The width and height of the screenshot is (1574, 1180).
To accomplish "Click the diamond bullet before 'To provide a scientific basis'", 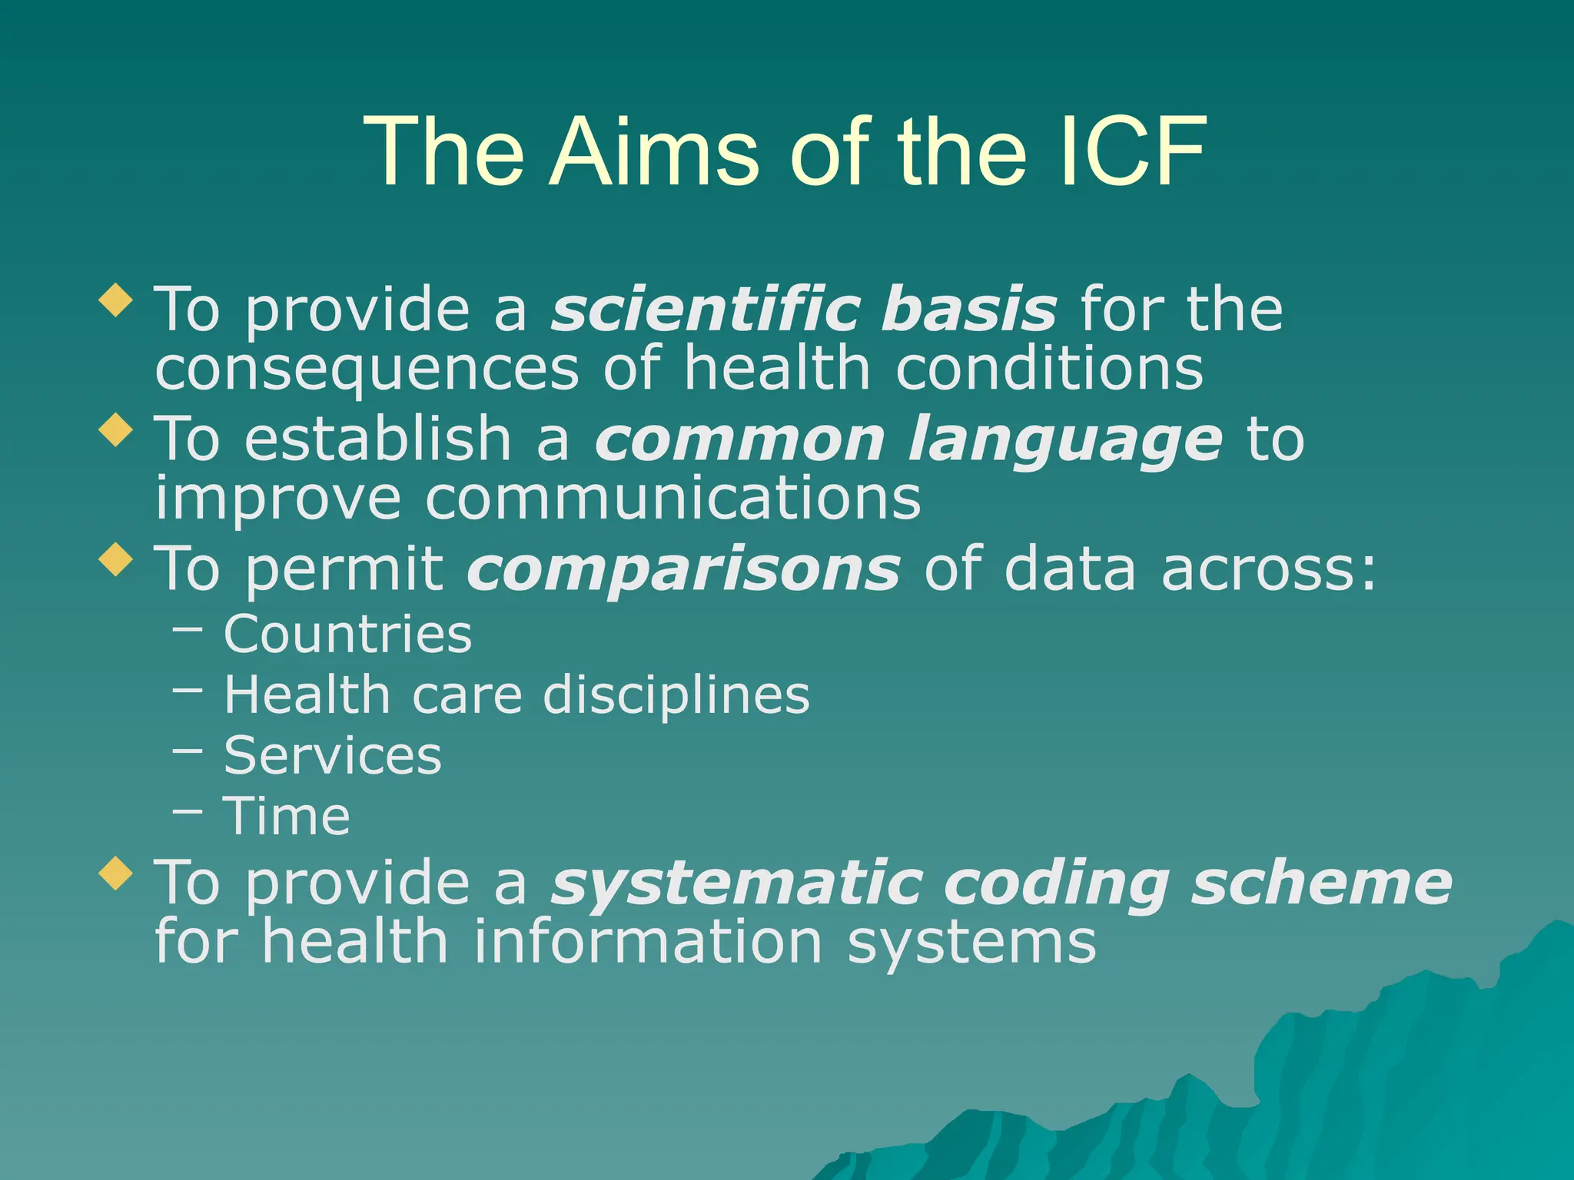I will pyautogui.click(x=116, y=300).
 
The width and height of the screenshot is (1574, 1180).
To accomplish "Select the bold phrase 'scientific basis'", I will pyautogui.click(x=804, y=310).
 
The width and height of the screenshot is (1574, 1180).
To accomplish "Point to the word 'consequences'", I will pyautogui.click(x=367, y=370).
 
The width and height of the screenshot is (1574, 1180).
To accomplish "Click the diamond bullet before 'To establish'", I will pyautogui.click(x=116, y=429).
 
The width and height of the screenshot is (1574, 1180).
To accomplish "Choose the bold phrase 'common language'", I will pyautogui.click(x=908, y=440).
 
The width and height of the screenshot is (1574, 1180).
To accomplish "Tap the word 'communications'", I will pyautogui.click(x=672, y=499).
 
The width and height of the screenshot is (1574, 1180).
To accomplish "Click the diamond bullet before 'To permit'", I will pyautogui.click(x=116, y=559).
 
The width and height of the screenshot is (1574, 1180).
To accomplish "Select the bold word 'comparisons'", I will pyautogui.click(x=683, y=571).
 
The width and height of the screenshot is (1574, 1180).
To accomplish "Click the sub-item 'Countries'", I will pyautogui.click(x=347, y=635).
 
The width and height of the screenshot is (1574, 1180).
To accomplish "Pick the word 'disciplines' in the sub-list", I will pyautogui.click(x=676, y=695).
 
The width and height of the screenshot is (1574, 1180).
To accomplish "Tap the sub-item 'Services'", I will pyautogui.click(x=332, y=756).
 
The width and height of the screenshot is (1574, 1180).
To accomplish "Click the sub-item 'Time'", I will pyautogui.click(x=287, y=816).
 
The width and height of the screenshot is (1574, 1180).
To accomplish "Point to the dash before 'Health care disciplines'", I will pyautogui.click(x=188, y=690).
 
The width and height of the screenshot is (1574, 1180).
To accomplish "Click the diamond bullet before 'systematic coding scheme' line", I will pyautogui.click(x=116, y=873).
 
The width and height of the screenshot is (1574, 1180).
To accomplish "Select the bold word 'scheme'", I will pyautogui.click(x=1321, y=883).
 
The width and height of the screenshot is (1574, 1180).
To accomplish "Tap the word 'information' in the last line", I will pyautogui.click(x=647, y=943).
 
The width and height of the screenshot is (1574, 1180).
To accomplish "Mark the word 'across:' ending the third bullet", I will pyautogui.click(x=1268, y=569).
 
